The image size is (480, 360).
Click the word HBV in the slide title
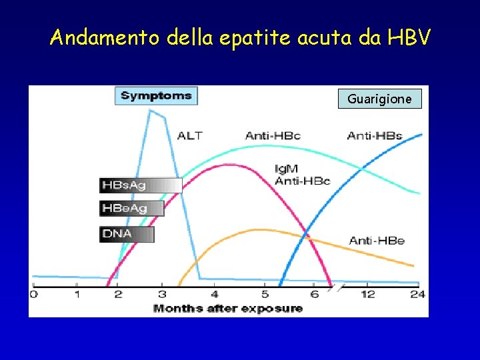point(408,38)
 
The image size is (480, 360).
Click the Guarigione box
point(379,99)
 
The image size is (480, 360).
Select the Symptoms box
point(156,96)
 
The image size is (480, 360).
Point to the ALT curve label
point(189,135)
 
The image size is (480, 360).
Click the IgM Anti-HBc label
point(302,175)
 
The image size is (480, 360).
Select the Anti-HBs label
point(374,135)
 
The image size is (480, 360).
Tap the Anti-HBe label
point(377,240)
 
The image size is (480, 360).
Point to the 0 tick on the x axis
point(34,294)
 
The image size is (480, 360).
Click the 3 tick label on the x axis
point(162,294)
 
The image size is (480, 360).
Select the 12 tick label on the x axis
point(367,294)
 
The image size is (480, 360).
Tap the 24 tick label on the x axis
point(417,294)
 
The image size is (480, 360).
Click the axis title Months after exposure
point(228,308)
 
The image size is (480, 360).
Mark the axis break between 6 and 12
point(339,287)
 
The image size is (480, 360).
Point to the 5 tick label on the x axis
point(265,294)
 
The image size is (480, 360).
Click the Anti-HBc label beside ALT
point(273,135)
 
